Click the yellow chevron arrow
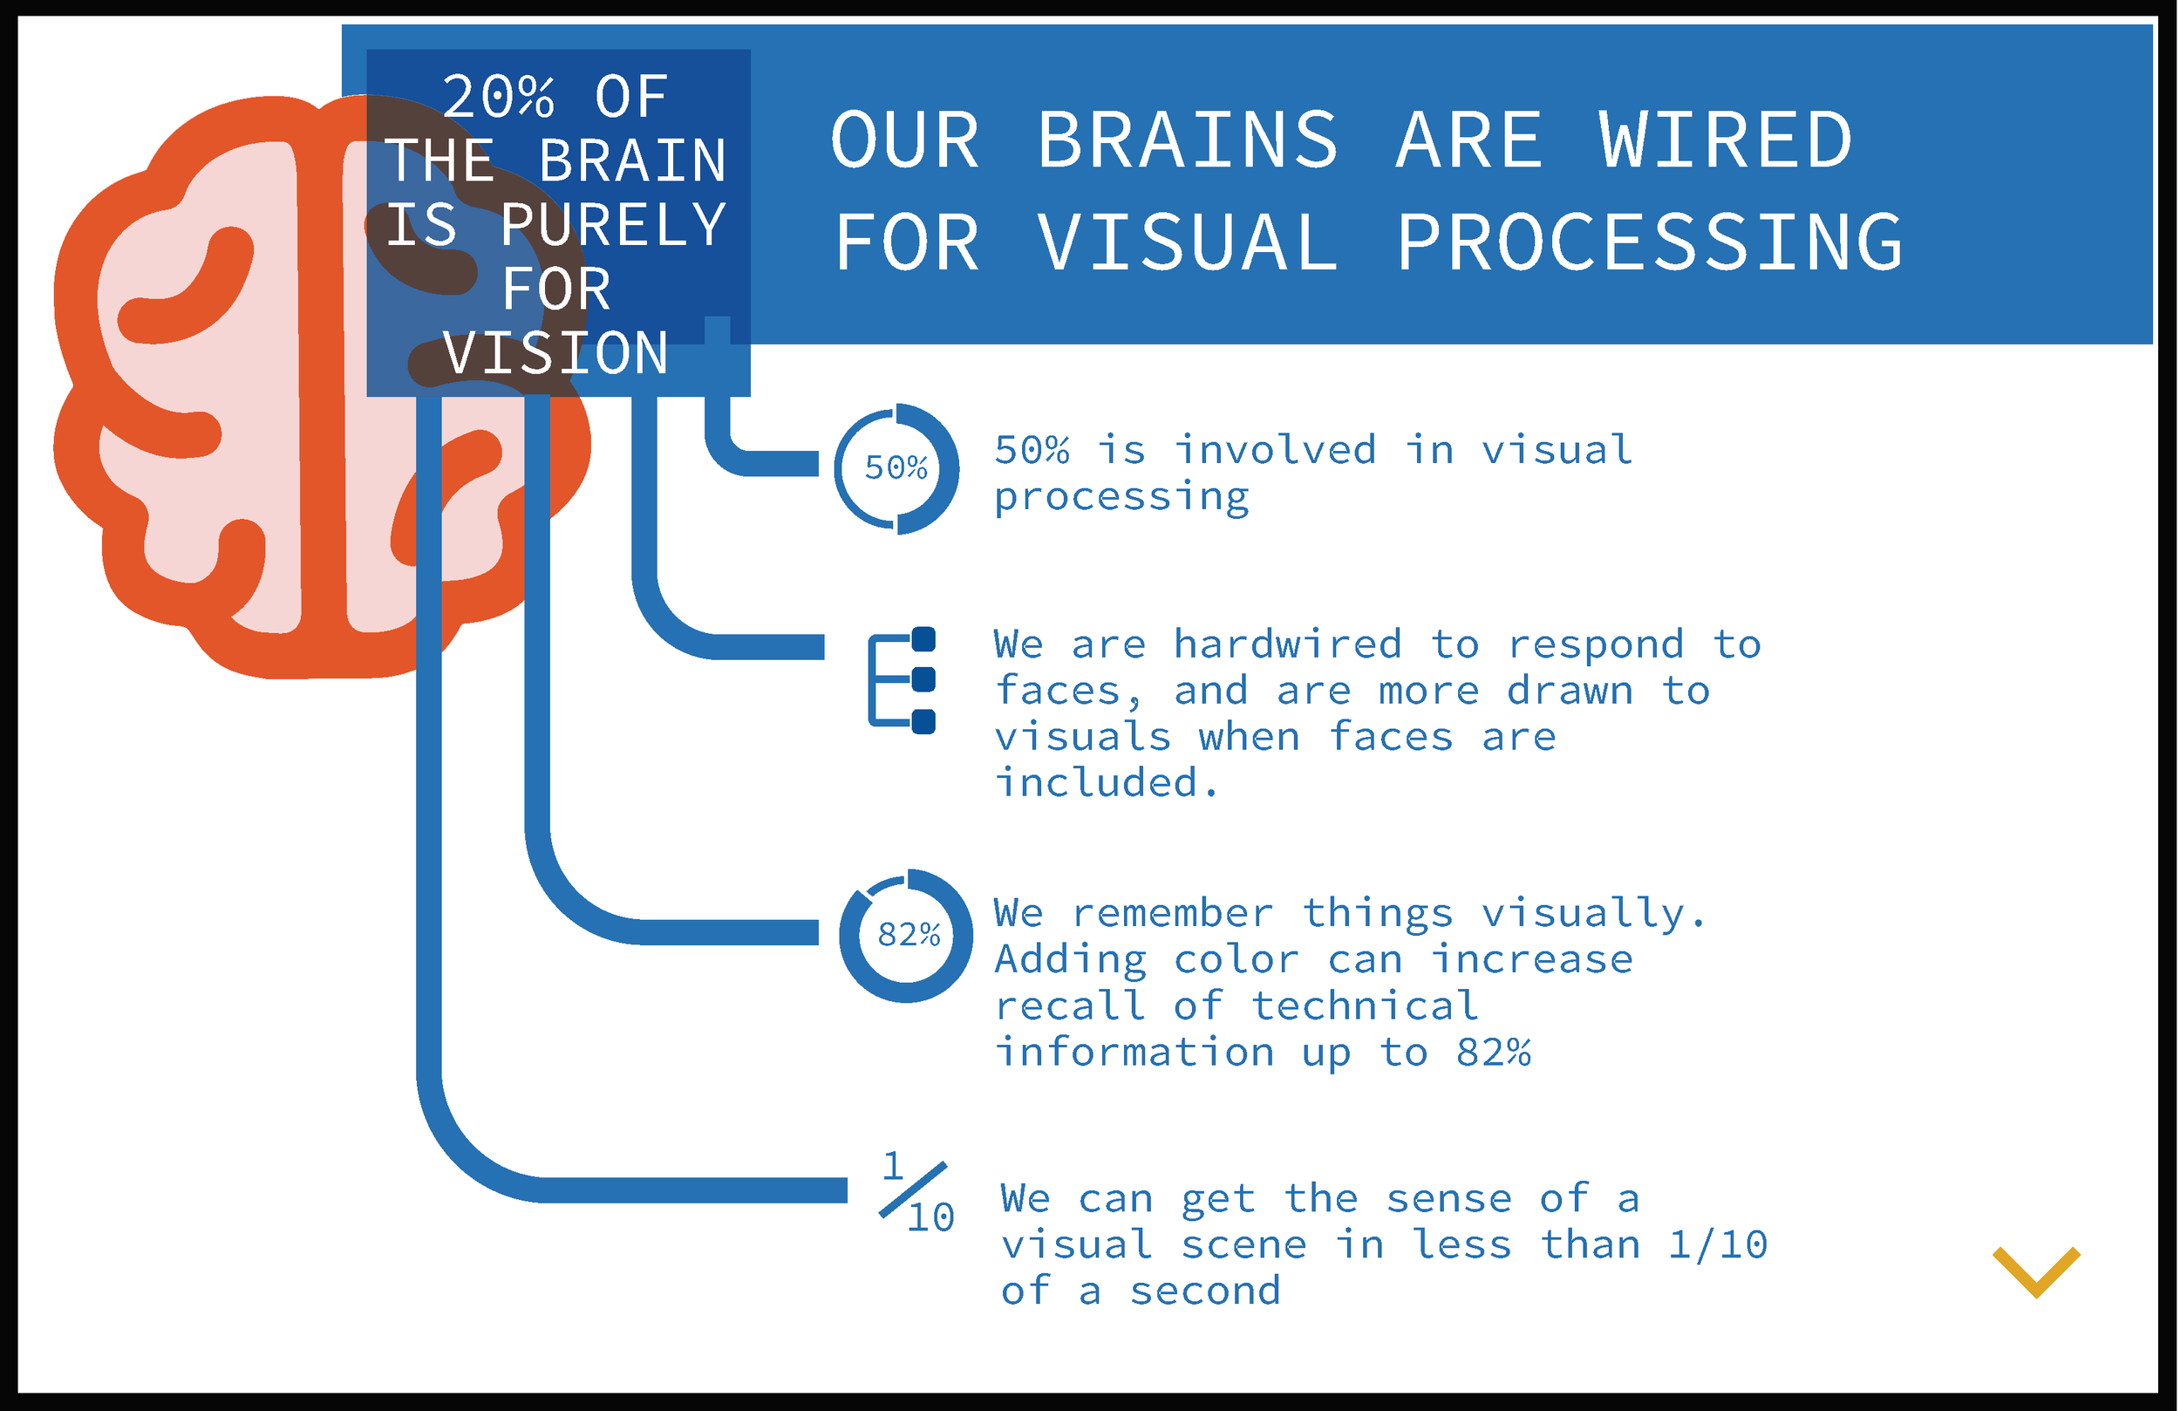2035,1271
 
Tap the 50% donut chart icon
896,468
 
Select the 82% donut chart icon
906,936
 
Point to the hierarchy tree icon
903,680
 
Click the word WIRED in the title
1726,141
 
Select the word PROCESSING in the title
1649,242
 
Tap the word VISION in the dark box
555,354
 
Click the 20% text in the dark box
498,97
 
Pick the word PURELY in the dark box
613,225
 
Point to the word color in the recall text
1236,959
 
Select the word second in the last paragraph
1204,1291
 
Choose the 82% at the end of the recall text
1493,1052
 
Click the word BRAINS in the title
1187,141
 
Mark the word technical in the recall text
1365,1006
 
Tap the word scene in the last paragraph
1243,1245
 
